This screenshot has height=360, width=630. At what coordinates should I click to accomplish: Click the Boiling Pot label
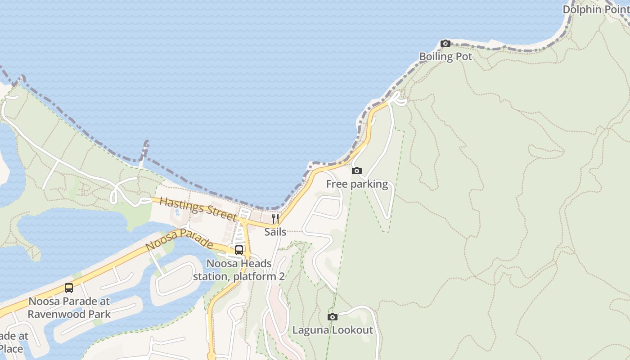coord(445,57)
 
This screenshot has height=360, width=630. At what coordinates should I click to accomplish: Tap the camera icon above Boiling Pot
coord(445,44)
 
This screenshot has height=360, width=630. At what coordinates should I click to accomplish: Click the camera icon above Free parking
coord(356,171)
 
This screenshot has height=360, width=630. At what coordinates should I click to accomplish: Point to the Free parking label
coord(357,184)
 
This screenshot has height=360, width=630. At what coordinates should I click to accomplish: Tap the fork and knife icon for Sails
coord(275,219)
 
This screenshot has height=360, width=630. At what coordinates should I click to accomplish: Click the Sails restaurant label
coord(275,232)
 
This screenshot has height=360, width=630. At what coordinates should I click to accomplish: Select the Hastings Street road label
coord(198,208)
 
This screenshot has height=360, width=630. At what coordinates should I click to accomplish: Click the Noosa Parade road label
coord(179,240)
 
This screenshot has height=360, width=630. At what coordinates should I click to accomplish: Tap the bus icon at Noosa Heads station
coord(239,250)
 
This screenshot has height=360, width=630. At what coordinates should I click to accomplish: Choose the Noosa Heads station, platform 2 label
coord(239,270)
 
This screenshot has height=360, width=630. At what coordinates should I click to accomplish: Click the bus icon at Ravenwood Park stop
coord(69,288)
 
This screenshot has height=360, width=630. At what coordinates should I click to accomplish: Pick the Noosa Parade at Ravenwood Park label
coord(69,307)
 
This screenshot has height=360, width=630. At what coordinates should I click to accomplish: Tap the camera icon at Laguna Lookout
coord(333,317)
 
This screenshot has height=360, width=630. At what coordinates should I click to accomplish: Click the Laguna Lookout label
coord(333,330)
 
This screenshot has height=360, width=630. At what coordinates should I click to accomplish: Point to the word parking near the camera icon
coord(369,184)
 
